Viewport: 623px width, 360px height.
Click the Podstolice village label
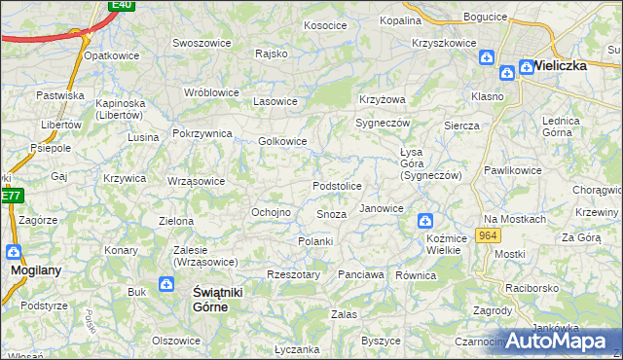point(337,186)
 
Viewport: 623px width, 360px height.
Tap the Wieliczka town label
point(562,66)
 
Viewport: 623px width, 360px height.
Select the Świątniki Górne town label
point(210,299)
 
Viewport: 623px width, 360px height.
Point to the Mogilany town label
point(30,273)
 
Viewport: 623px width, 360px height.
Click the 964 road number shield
point(489,236)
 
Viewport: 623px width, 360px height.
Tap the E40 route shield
point(121,5)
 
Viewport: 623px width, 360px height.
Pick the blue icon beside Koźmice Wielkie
point(423,221)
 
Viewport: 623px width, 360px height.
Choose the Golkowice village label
point(283,141)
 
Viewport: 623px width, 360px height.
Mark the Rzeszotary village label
point(293,275)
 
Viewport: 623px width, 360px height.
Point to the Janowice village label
point(382,209)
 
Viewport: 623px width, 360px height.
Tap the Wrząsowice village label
point(196,181)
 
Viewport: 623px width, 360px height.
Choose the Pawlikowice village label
point(514,170)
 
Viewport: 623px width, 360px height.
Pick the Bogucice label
point(486,18)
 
